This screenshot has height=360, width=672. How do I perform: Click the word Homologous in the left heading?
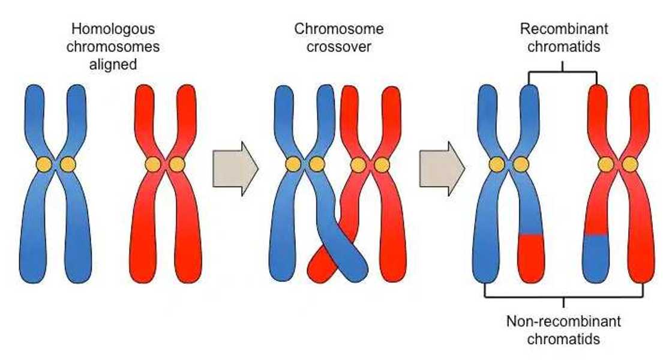[x=112, y=29]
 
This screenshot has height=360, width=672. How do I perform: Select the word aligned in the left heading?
[x=112, y=64]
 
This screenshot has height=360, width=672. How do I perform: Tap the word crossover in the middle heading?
[x=338, y=46]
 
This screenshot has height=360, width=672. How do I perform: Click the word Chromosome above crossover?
[x=338, y=29]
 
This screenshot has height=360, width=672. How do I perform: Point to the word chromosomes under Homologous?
[x=112, y=46]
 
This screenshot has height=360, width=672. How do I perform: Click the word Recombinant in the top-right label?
[x=563, y=29]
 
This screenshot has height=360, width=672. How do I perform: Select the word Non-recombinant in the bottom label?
[x=563, y=321]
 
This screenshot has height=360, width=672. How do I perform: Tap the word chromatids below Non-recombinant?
[x=563, y=339]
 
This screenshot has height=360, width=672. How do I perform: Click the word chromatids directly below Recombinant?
[x=563, y=46]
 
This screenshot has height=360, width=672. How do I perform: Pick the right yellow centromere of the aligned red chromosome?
[x=176, y=164]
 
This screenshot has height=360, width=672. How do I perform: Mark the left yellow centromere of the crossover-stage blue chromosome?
[x=293, y=164]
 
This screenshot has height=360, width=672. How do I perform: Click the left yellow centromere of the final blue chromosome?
[x=496, y=164]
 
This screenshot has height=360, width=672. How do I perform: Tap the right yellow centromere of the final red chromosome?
[x=629, y=164]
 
